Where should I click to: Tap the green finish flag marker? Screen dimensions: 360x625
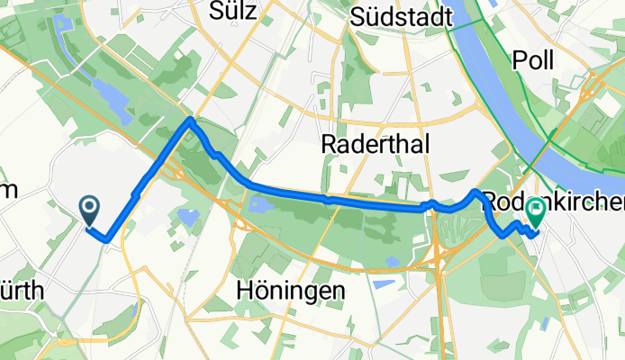point(536,212)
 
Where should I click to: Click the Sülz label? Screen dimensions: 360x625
point(233,12)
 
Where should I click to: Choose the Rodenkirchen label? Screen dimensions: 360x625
point(551,199)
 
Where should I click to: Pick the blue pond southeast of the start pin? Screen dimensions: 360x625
point(188,217)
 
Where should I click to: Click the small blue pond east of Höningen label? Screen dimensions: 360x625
point(382,284)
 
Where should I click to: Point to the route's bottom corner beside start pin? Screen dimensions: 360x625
point(107,240)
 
